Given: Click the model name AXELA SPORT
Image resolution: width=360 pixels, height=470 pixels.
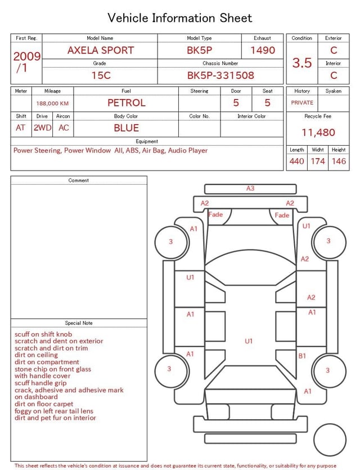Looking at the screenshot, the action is click(101, 50).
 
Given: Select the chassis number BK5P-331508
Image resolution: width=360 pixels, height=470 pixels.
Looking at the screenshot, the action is click(220, 75).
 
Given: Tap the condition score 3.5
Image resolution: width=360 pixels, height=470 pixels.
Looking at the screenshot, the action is click(302, 63).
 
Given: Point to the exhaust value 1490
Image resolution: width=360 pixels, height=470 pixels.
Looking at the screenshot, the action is click(263, 50).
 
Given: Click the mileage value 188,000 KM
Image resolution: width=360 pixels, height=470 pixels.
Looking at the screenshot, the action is click(52, 104).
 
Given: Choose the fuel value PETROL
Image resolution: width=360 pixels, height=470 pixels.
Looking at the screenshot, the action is click(127, 103).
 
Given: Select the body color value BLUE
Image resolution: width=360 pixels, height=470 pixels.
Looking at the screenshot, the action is click(127, 128).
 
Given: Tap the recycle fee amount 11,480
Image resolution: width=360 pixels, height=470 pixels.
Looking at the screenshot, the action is click(318, 132).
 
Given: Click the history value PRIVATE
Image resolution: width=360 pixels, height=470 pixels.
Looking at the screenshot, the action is click(302, 102).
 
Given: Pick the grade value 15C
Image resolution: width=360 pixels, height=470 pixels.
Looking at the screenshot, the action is click(101, 75).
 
